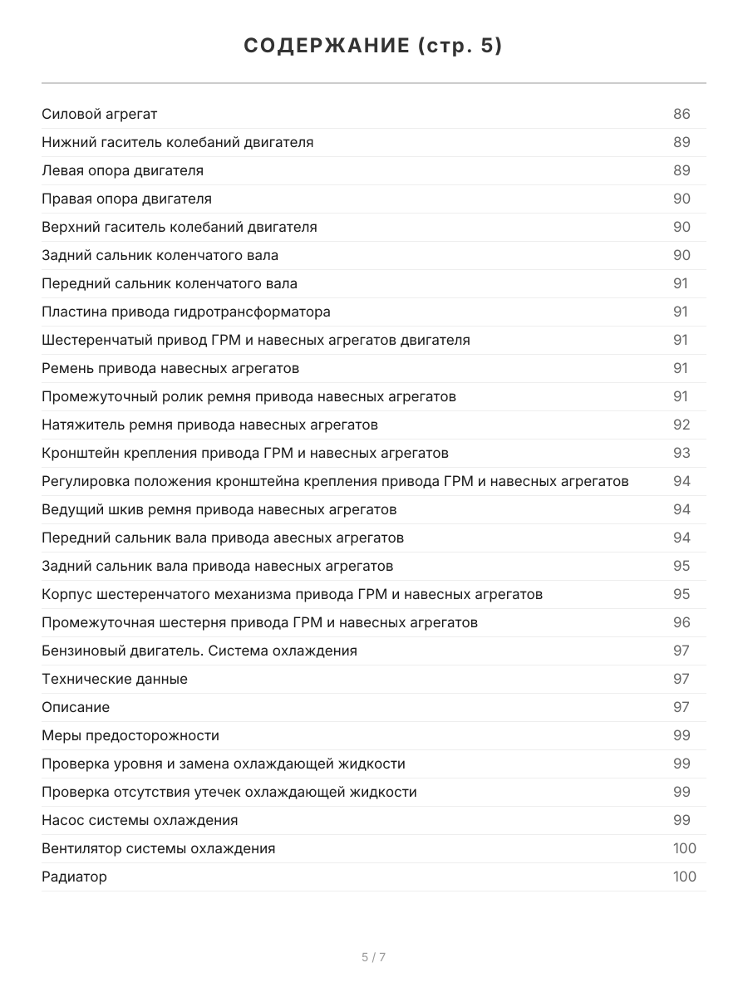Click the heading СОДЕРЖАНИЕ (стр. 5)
click(x=373, y=47)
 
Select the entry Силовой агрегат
click(x=100, y=114)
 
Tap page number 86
click(x=682, y=114)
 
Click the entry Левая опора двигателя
click(x=122, y=170)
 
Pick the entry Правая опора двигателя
click(x=126, y=199)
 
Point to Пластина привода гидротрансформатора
click(x=185, y=312)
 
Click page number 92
click(x=682, y=425)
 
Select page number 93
click(x=682, y=453)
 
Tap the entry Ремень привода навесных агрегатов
click(x=170, y=368)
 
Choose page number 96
click(x=682, y=622)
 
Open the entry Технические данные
click(x=115, y=679)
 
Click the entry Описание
click(x=76, y=707)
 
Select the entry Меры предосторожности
click(x=130, y=735)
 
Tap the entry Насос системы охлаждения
click(x=140, y=820)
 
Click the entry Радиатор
click(x=74, y=877)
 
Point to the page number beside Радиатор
click(x=684, y=877)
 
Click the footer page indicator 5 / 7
click(x=373, y=957)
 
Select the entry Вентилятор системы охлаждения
click(x=158, y=848)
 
